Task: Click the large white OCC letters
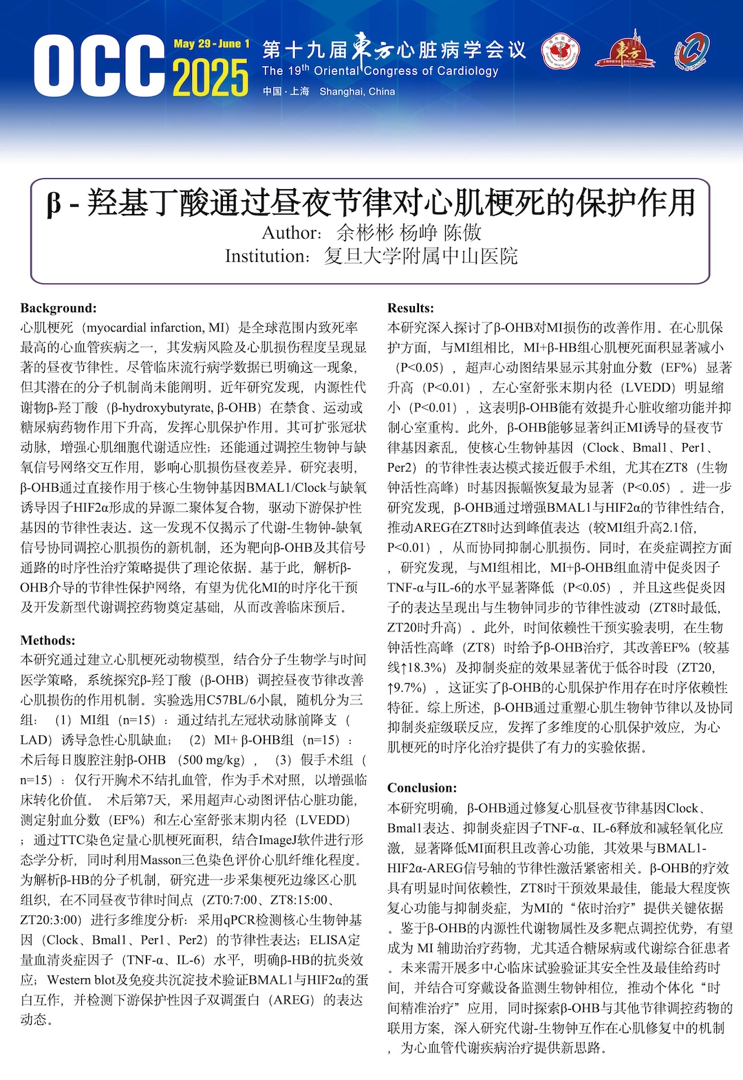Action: point(99,67)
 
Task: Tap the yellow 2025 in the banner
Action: point(210,77)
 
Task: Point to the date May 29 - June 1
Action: point(211,44)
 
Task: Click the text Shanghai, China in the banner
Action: point(357,91)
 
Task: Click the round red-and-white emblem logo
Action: point(561,53)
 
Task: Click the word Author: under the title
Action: point(291,233)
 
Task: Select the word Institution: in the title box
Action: point(268,257)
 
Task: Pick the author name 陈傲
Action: point(462,233)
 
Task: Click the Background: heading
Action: point(58,308)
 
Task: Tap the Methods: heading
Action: point(48,640)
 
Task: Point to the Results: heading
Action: point(411,308)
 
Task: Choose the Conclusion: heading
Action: point(422,788)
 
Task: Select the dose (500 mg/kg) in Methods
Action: point(211,760)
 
